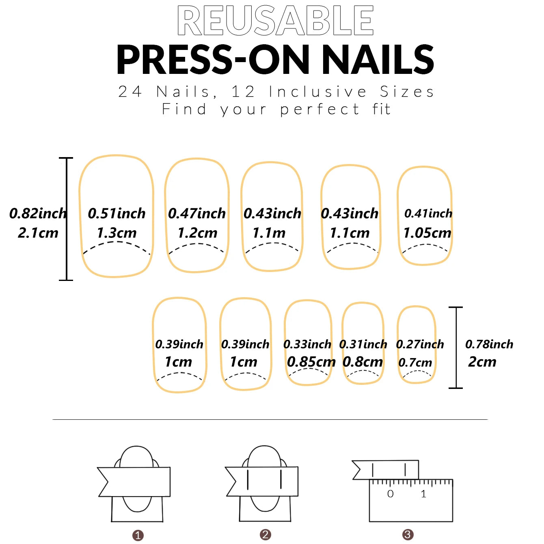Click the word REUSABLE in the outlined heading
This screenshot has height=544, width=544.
click(275, 21)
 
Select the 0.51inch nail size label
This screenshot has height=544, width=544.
click(117, 214)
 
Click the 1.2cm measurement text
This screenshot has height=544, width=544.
click(197, 233)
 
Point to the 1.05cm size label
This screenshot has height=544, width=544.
click(427, 233)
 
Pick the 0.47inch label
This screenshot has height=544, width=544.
click(197, 214)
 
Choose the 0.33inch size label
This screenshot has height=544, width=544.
click(307, 345)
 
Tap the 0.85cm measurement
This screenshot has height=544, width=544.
click(311, 362)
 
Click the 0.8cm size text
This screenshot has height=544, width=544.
click(363, 362)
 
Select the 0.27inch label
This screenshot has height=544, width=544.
click(420, 345)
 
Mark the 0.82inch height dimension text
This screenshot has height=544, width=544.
click(38, 214)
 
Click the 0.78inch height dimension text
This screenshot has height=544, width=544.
click(489, 345)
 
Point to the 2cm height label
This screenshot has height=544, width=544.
click(482, 362)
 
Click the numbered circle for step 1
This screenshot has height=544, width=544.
click(138, 535)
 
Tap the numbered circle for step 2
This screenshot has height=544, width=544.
click(266, 535)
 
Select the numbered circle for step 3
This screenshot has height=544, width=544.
click(408, 535)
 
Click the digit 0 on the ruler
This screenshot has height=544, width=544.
click(390, 494)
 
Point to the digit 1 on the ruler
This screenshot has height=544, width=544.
click(423, 494)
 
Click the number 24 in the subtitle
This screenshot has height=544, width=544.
click(130, 92)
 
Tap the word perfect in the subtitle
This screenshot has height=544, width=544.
click(319, 110)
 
